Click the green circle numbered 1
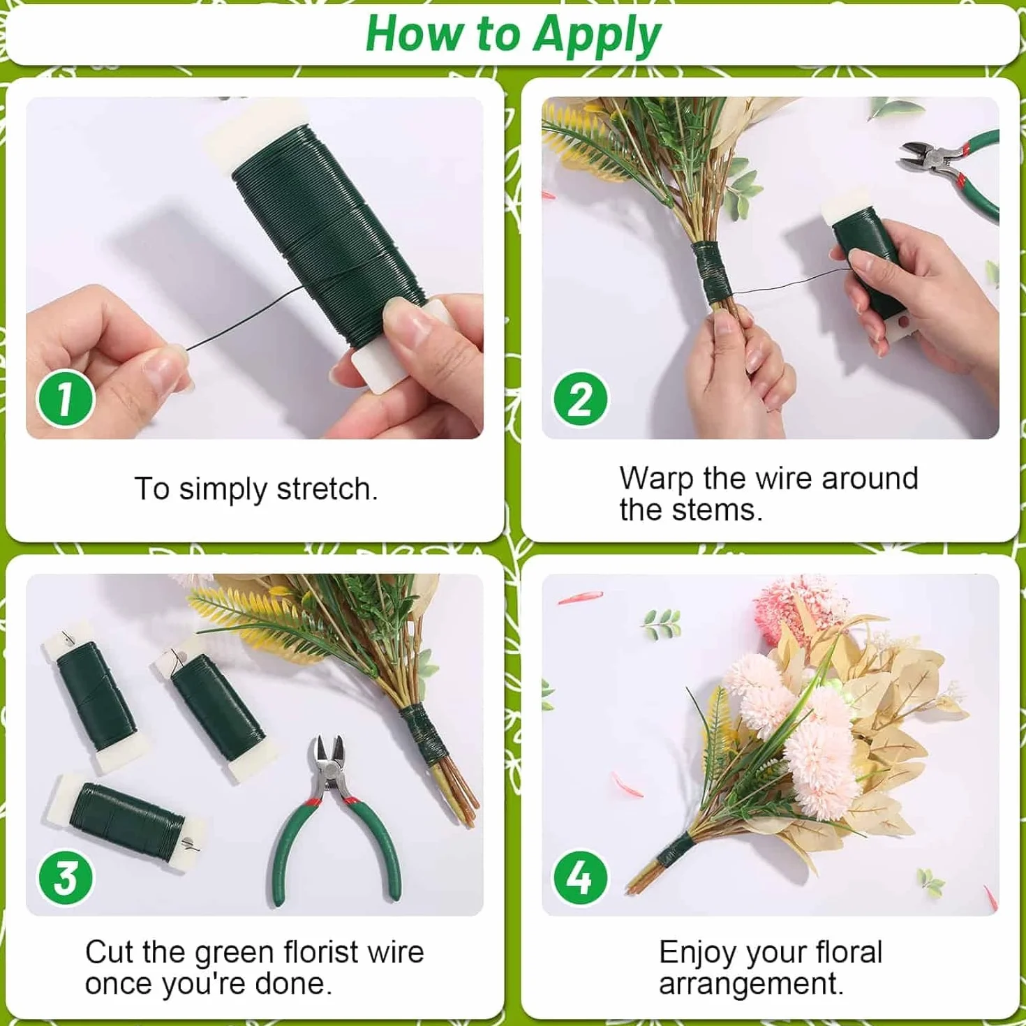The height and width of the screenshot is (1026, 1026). point(66,398)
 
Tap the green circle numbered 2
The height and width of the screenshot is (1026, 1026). point(580,398)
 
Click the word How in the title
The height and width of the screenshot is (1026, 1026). point(415,35)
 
